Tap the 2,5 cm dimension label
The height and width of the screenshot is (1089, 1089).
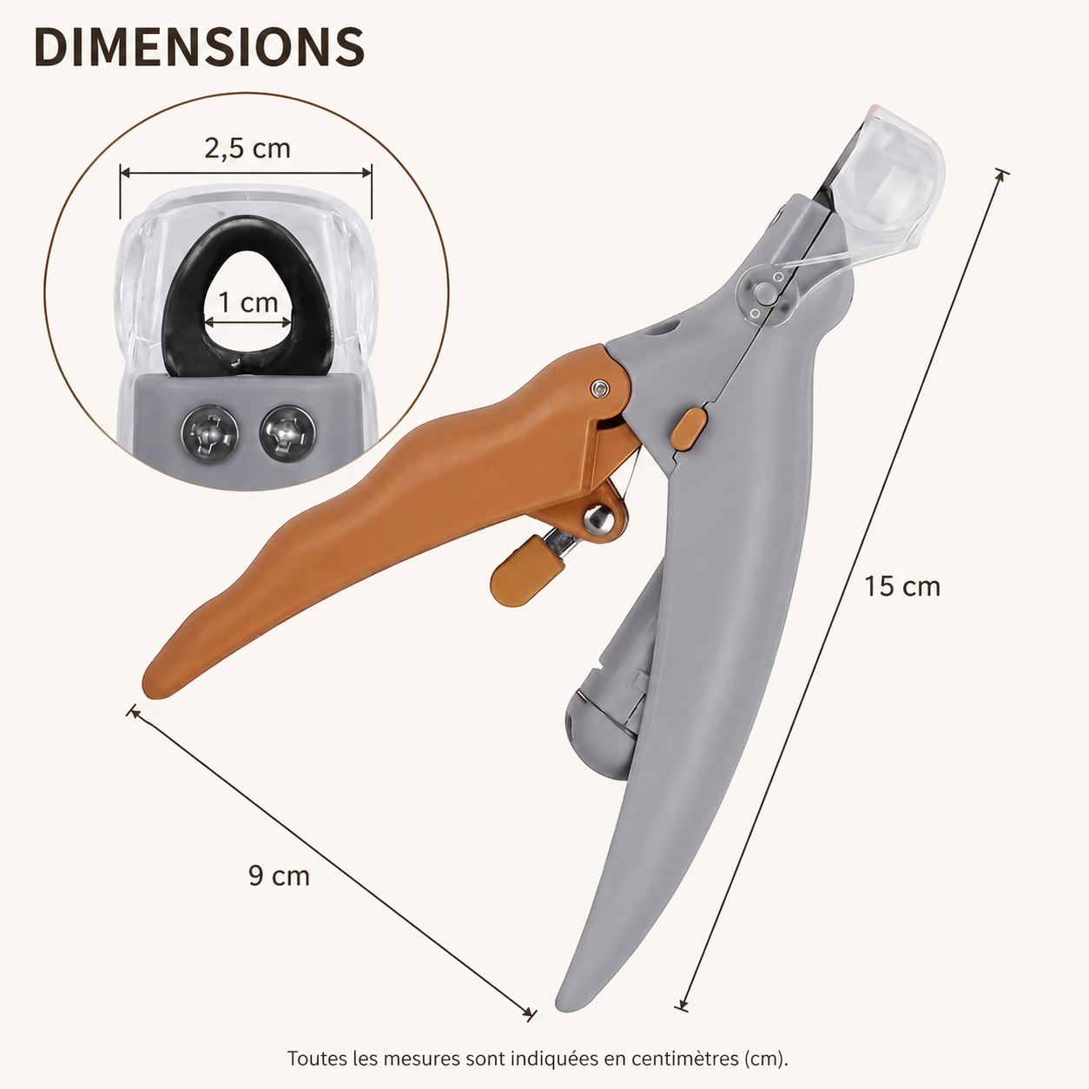click(x=247, y=149)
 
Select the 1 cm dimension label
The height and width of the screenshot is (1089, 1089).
click(x=248, y=302)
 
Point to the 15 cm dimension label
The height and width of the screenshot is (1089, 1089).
click(x=902, y=586)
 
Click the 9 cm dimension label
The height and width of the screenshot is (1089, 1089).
click(x=279, y=876)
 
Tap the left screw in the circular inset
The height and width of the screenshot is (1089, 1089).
click(x=209, y=434)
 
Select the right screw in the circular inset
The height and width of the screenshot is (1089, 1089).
click(x=287, y=433)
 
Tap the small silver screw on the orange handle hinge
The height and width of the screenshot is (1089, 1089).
click(x=599, y=388)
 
